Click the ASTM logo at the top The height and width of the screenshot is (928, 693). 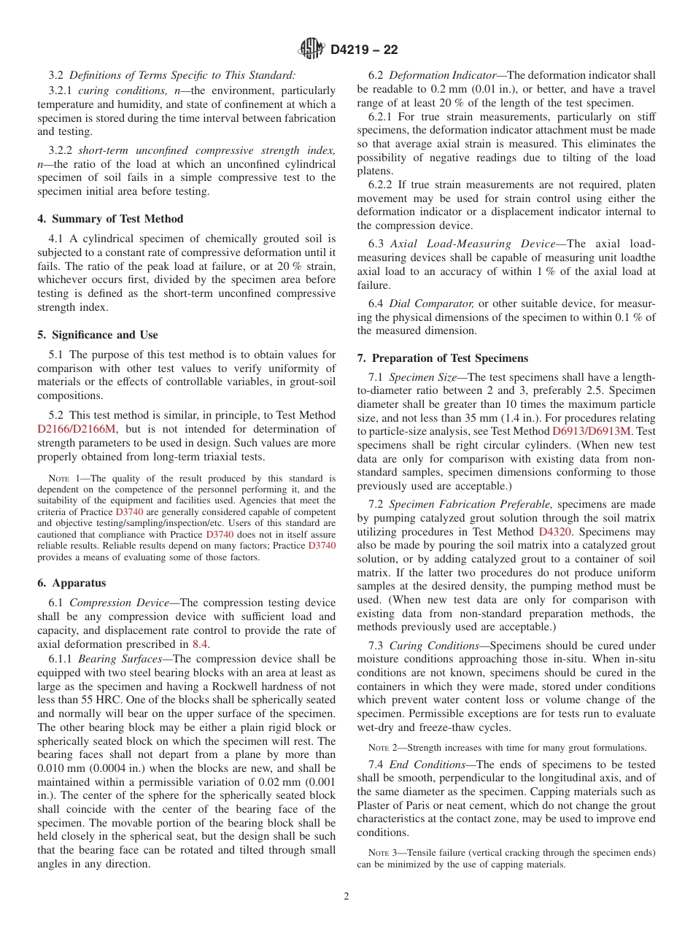pos(311,50)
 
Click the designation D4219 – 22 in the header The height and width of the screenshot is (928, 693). pos(364,50)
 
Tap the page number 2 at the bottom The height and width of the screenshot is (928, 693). pos(346,897)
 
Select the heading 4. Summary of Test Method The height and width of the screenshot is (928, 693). pos(110,219)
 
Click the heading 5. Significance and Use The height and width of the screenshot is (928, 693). pos(98,335)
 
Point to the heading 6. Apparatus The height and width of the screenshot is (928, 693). pos(71,583)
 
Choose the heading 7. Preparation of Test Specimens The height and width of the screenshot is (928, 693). pos(443,358)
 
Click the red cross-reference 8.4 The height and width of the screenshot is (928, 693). pos(200,644)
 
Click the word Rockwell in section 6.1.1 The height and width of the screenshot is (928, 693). pos(269,686)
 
